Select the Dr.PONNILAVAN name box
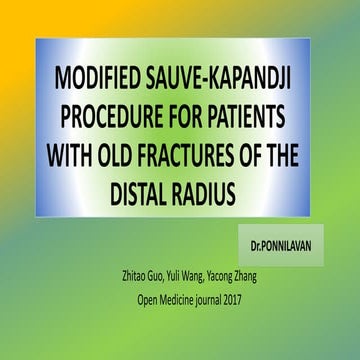[283, 243]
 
